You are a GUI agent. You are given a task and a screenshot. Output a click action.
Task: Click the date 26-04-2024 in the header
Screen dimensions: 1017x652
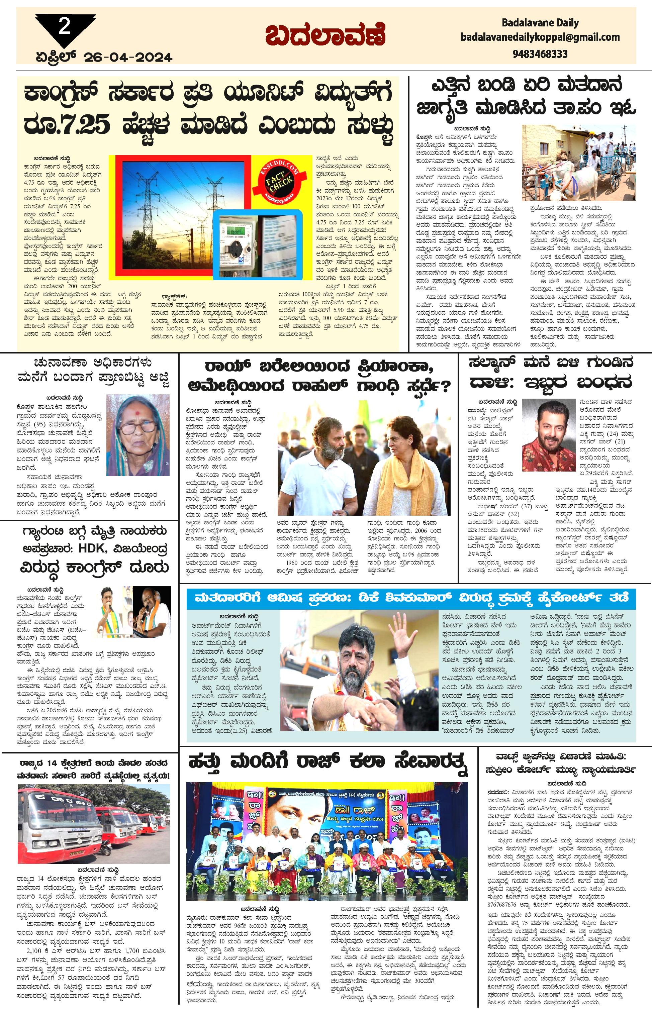pos(128,57)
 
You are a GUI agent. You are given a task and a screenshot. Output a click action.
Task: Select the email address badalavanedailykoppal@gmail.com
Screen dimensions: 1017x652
pos(540,37)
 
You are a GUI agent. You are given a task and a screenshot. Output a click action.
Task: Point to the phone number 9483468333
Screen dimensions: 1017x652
pos(540,54)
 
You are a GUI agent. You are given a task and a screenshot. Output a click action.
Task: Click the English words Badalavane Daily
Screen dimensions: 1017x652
pos(540,22)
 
